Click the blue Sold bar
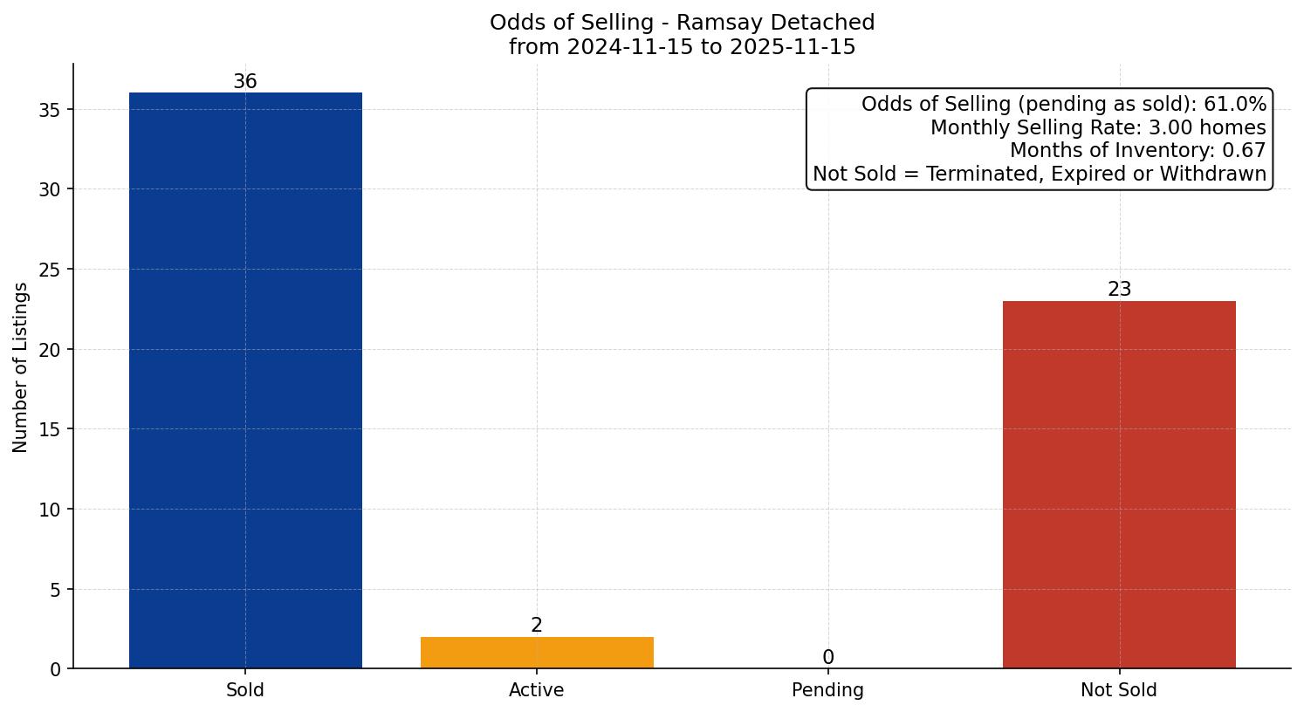pyautogui.click(x=245, y=380)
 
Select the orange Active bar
pyautogui.click(x=537, y=653)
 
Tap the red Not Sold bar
pyautogui.click(x=1119, y=484)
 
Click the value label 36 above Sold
pyautogui.click(x=245, y=82)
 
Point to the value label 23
pyautogui.click(x=1119, y=290)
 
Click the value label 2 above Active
pyautogui.click(x=537, y=626)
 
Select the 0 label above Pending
pyautogui.click(x=827, y=658)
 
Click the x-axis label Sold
pyautogui.click(x=245, y=690)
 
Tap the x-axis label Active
pyautogui.click(x=537, y=690)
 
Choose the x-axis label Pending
pyautogui.click(x=827, y=690)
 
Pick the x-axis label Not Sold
pyautogui.click(x=1119, y=690)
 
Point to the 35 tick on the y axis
pyautogui.click(x=50, y=110)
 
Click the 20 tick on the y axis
pyautogui.click(x=50, y=350)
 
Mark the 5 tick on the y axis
pyautogui.click(x=55, y=590)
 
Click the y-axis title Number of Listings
pyautogui.click(x=21, y=367)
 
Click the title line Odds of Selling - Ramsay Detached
pyautogui.click(x=682, y=23)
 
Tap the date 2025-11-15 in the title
pyautogui.click(x=791, y=47)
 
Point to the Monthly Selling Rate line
pyautogui.click(x=1097, y=127)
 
